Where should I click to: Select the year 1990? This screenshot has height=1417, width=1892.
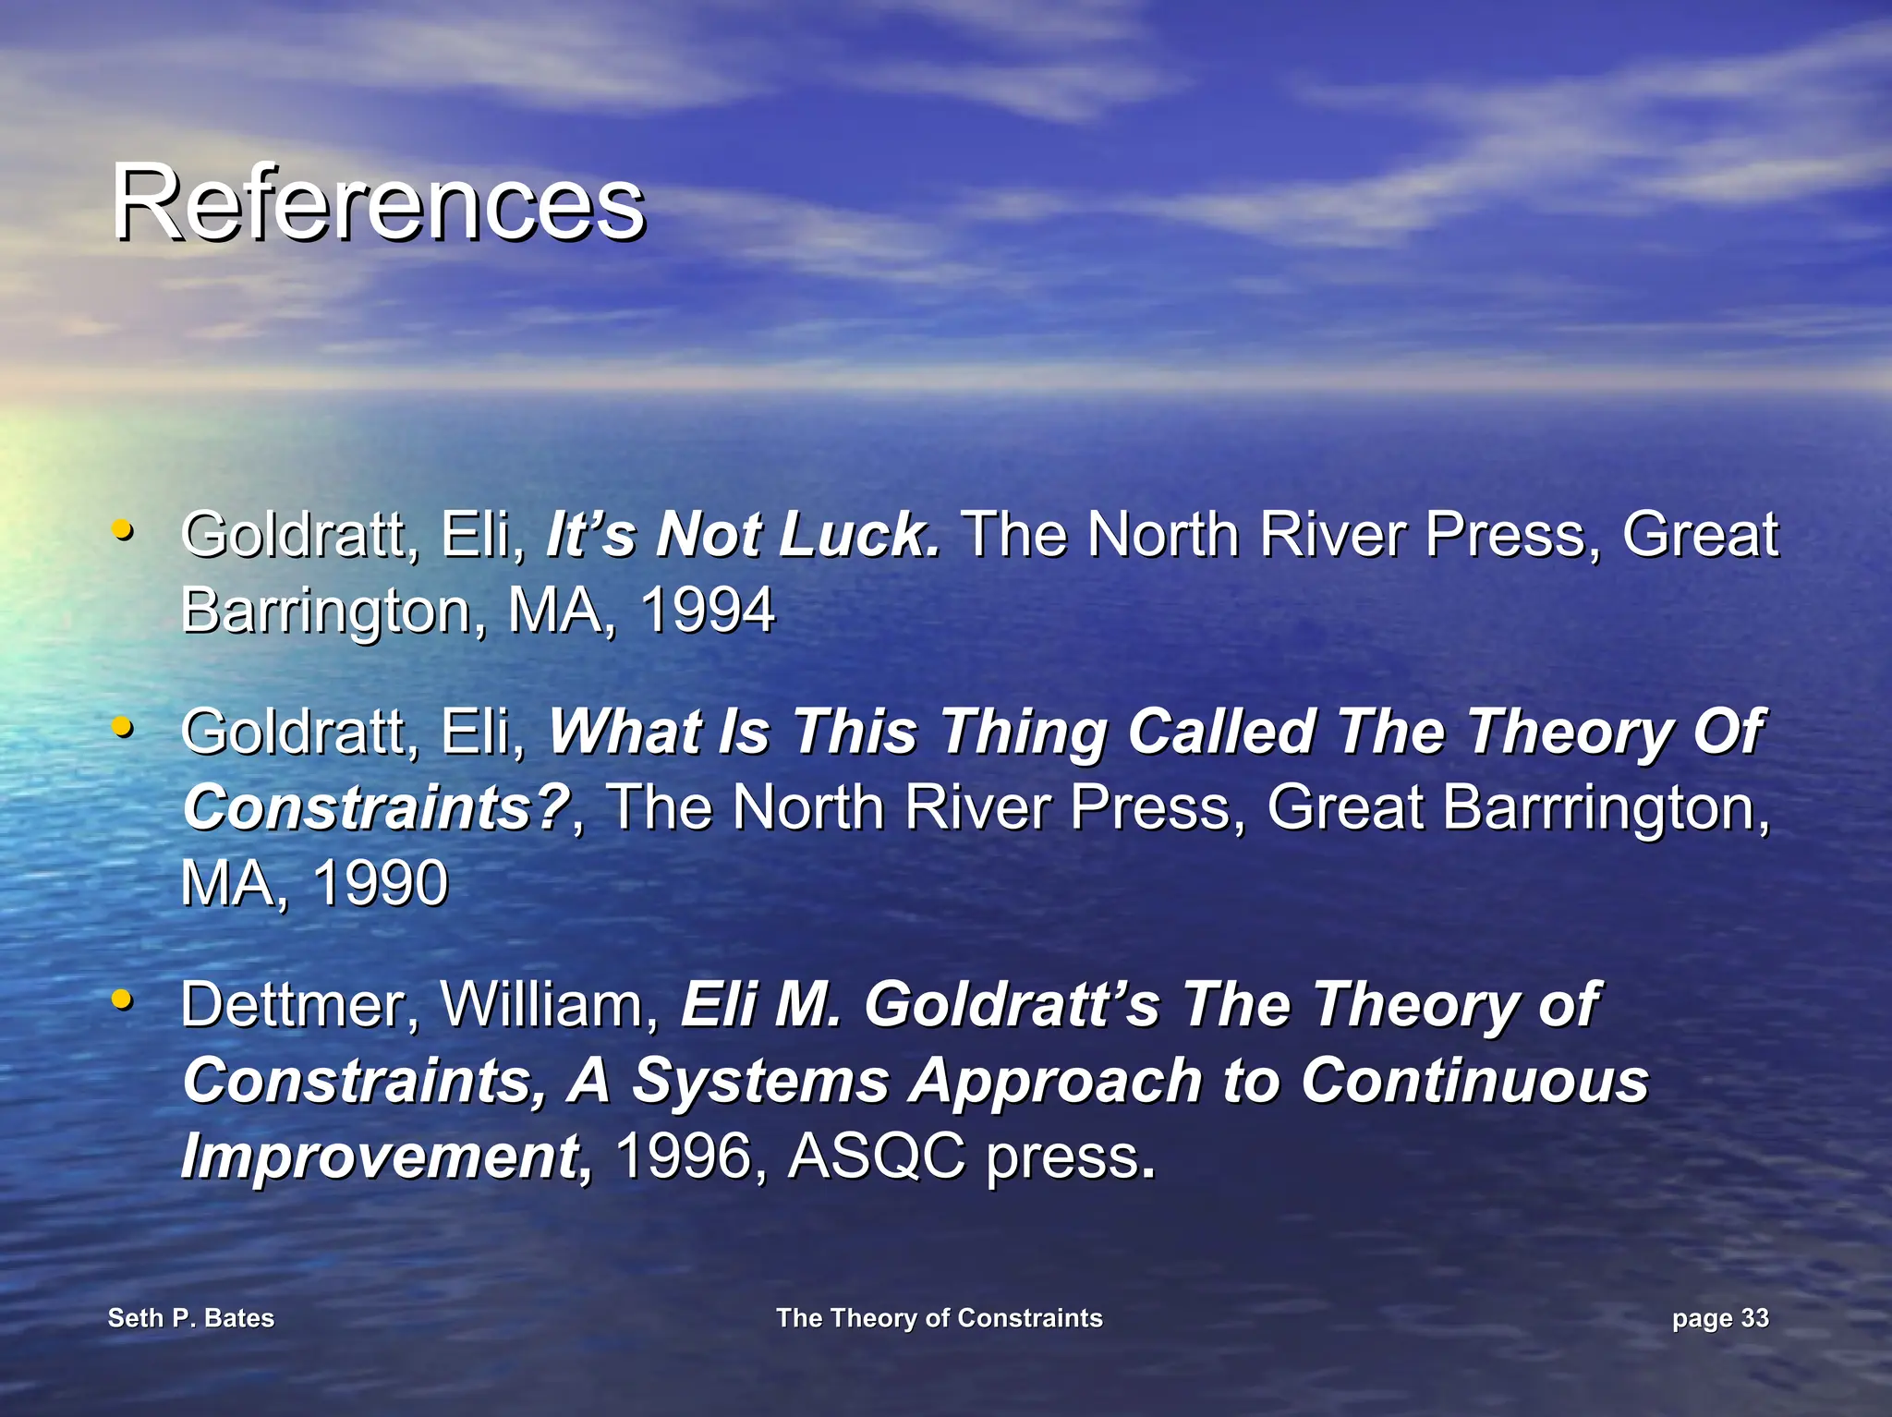pyautogui.click(x=380, y=882)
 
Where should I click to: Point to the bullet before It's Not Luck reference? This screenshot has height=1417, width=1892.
pyautogui.click(x=121, y=530)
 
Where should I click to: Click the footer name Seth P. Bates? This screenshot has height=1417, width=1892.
pyautogui.click(x=191, y=1317)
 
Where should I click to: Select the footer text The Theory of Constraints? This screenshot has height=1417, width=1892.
pyautogui.click(x=939, y=1317)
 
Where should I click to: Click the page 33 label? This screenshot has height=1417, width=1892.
pyautogui.click(x=1720, y=1317)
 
